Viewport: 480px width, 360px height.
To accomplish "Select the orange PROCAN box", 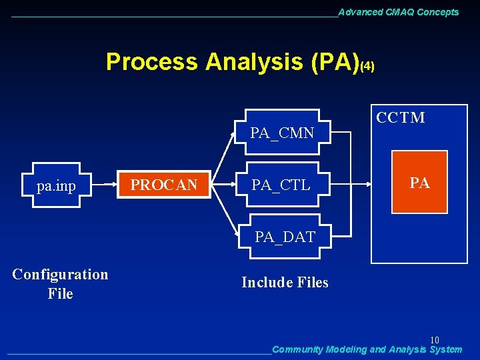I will click(163, 185).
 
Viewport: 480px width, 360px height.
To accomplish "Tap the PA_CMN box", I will click(282, 133).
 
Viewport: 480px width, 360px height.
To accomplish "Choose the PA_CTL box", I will click(282, 185).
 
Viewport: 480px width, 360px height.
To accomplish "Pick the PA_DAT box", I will click(285, 236).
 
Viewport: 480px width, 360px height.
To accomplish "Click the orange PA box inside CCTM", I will click(419, 183).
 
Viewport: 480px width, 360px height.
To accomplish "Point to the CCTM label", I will click(400, 118).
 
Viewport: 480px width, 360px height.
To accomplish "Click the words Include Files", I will click(285, 283).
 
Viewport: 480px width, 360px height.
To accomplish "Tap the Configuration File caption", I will click(60, 283).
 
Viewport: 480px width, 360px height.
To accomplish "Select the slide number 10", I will click(434, 340).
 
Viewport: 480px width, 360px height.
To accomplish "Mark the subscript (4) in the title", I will click(367, 67).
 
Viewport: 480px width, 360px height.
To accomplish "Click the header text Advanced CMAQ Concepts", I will click(399, 12).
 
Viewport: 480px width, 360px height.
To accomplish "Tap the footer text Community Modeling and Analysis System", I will click(367, 349).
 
